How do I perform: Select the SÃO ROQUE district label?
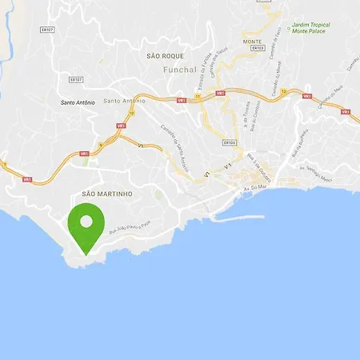[x=166, y=56]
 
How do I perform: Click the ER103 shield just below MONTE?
[x=257, y=48]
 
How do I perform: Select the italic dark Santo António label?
[x=78, y=102]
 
